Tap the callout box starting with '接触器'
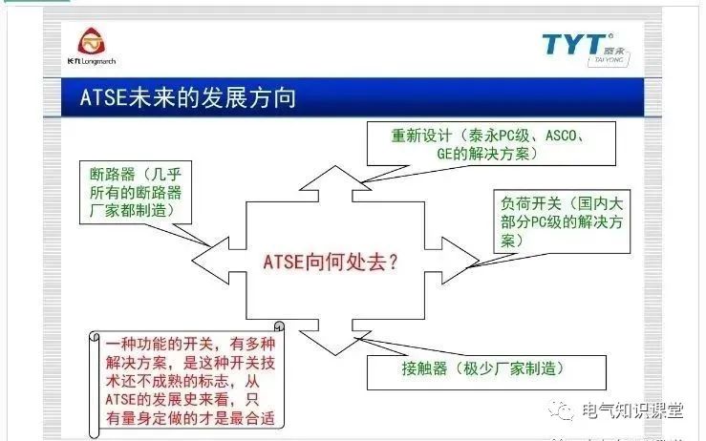pos(484,369)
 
